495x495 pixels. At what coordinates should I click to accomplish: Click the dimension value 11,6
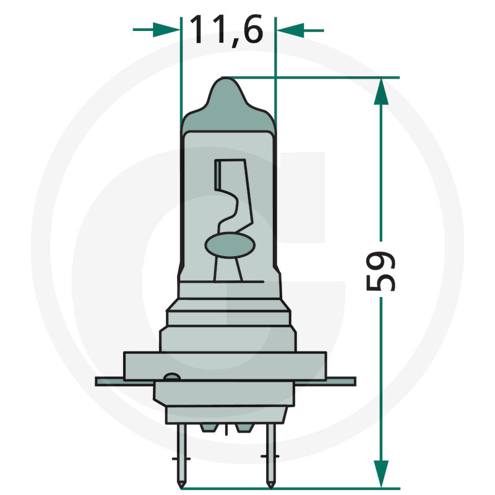[x=226, y=29]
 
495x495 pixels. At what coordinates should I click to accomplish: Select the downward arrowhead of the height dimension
[x=382, y=473]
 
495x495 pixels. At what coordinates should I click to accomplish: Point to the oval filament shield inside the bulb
[x=228, y=244]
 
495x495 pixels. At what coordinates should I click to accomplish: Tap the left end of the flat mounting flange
[x=102, y=381]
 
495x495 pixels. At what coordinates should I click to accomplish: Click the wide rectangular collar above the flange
[x=224, y=365]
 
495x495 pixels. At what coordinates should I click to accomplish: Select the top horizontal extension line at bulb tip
[x=309, y=78]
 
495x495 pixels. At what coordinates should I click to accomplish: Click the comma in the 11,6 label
[x=228, y=42]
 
